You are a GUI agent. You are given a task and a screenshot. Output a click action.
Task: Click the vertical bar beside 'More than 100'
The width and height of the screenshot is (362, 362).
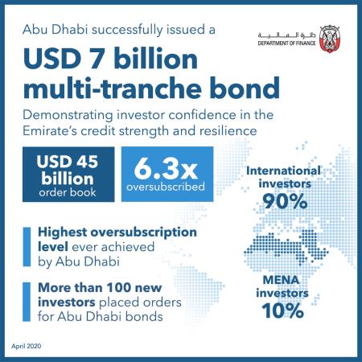tap(29, 302)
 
